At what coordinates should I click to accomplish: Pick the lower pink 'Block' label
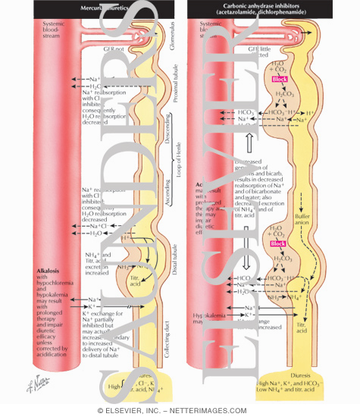pos(278,243)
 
